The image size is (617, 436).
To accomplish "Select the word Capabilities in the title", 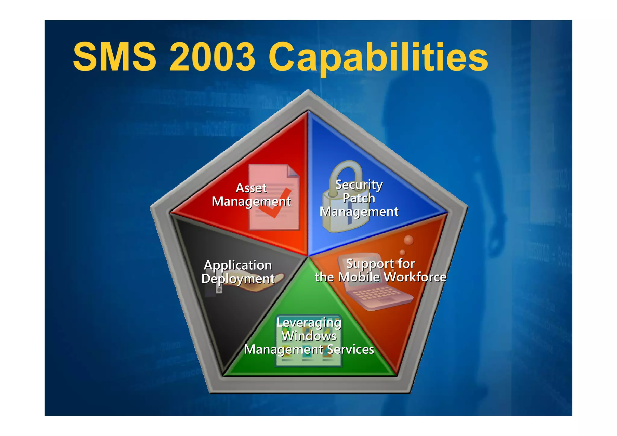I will click(x=378, y=57).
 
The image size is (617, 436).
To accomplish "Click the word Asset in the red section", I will click(x=251, y=188).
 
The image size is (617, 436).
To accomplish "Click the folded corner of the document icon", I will click(x=293, y=171).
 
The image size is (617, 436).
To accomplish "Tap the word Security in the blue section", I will click(x=359, y=185).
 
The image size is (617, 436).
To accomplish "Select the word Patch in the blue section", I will click(x=359, y=198).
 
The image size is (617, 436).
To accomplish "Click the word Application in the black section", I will click(x=238, y=265).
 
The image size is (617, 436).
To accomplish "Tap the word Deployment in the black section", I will click(x=238, y=279).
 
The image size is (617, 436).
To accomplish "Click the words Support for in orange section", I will click(x=381, y=264).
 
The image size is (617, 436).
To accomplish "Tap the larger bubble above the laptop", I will click(x=409, y=240).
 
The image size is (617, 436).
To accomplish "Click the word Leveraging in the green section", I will click(x=309, y=323).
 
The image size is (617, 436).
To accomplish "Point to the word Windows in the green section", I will click(x=309, y=336).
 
